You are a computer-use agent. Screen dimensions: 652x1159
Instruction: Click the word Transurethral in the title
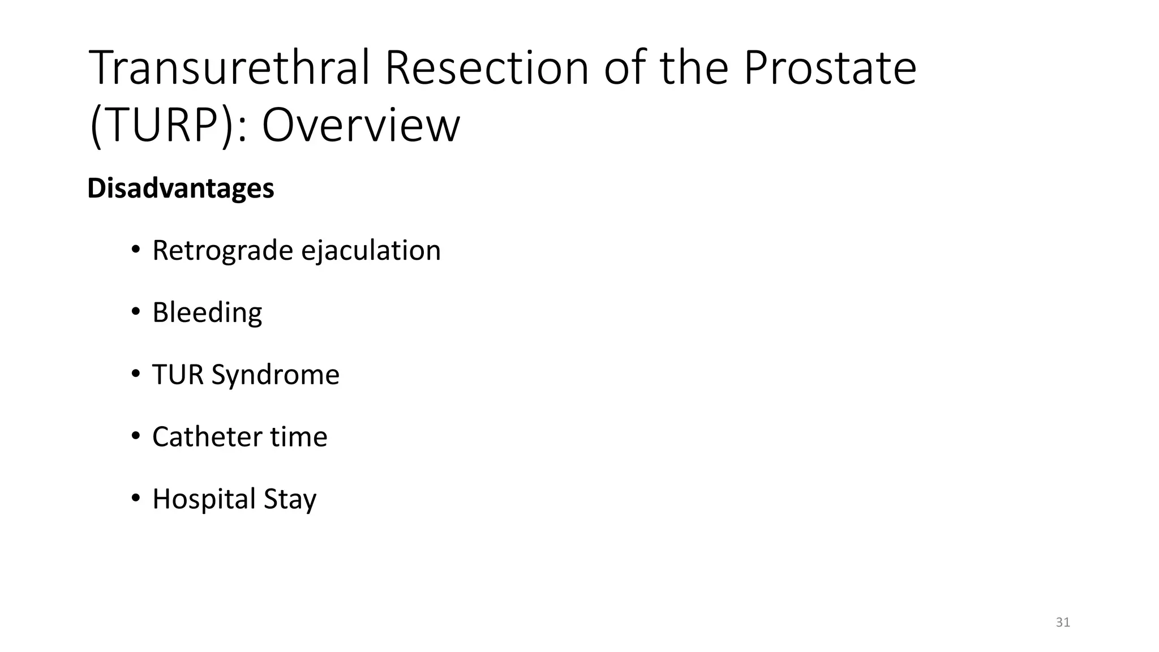click(x=230, y=68)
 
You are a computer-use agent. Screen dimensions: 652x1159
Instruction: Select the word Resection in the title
click(x=487, y=68)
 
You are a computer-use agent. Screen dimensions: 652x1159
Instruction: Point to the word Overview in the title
click(x=360, y=126)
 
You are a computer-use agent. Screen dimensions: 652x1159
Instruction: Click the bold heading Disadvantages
click(x=181, y=188)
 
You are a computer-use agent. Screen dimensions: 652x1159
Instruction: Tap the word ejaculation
click(x=371, y=250)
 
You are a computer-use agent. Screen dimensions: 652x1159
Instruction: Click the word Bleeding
click(x=207, y=312)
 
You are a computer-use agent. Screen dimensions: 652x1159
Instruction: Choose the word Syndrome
click(x=275, y=375)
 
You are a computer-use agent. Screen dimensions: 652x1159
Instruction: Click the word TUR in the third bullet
click(x=178, y=375)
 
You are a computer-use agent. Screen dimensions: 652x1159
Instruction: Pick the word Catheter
click(x=207, y=437)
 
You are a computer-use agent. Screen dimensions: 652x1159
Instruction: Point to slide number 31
click(x=1063, y=623)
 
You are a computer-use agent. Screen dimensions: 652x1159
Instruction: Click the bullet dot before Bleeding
click(x=135, y=312)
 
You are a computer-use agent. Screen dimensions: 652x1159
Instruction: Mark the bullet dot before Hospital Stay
click(x=135, y=499)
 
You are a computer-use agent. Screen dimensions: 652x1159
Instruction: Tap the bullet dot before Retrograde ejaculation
click(x=135, y=250)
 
